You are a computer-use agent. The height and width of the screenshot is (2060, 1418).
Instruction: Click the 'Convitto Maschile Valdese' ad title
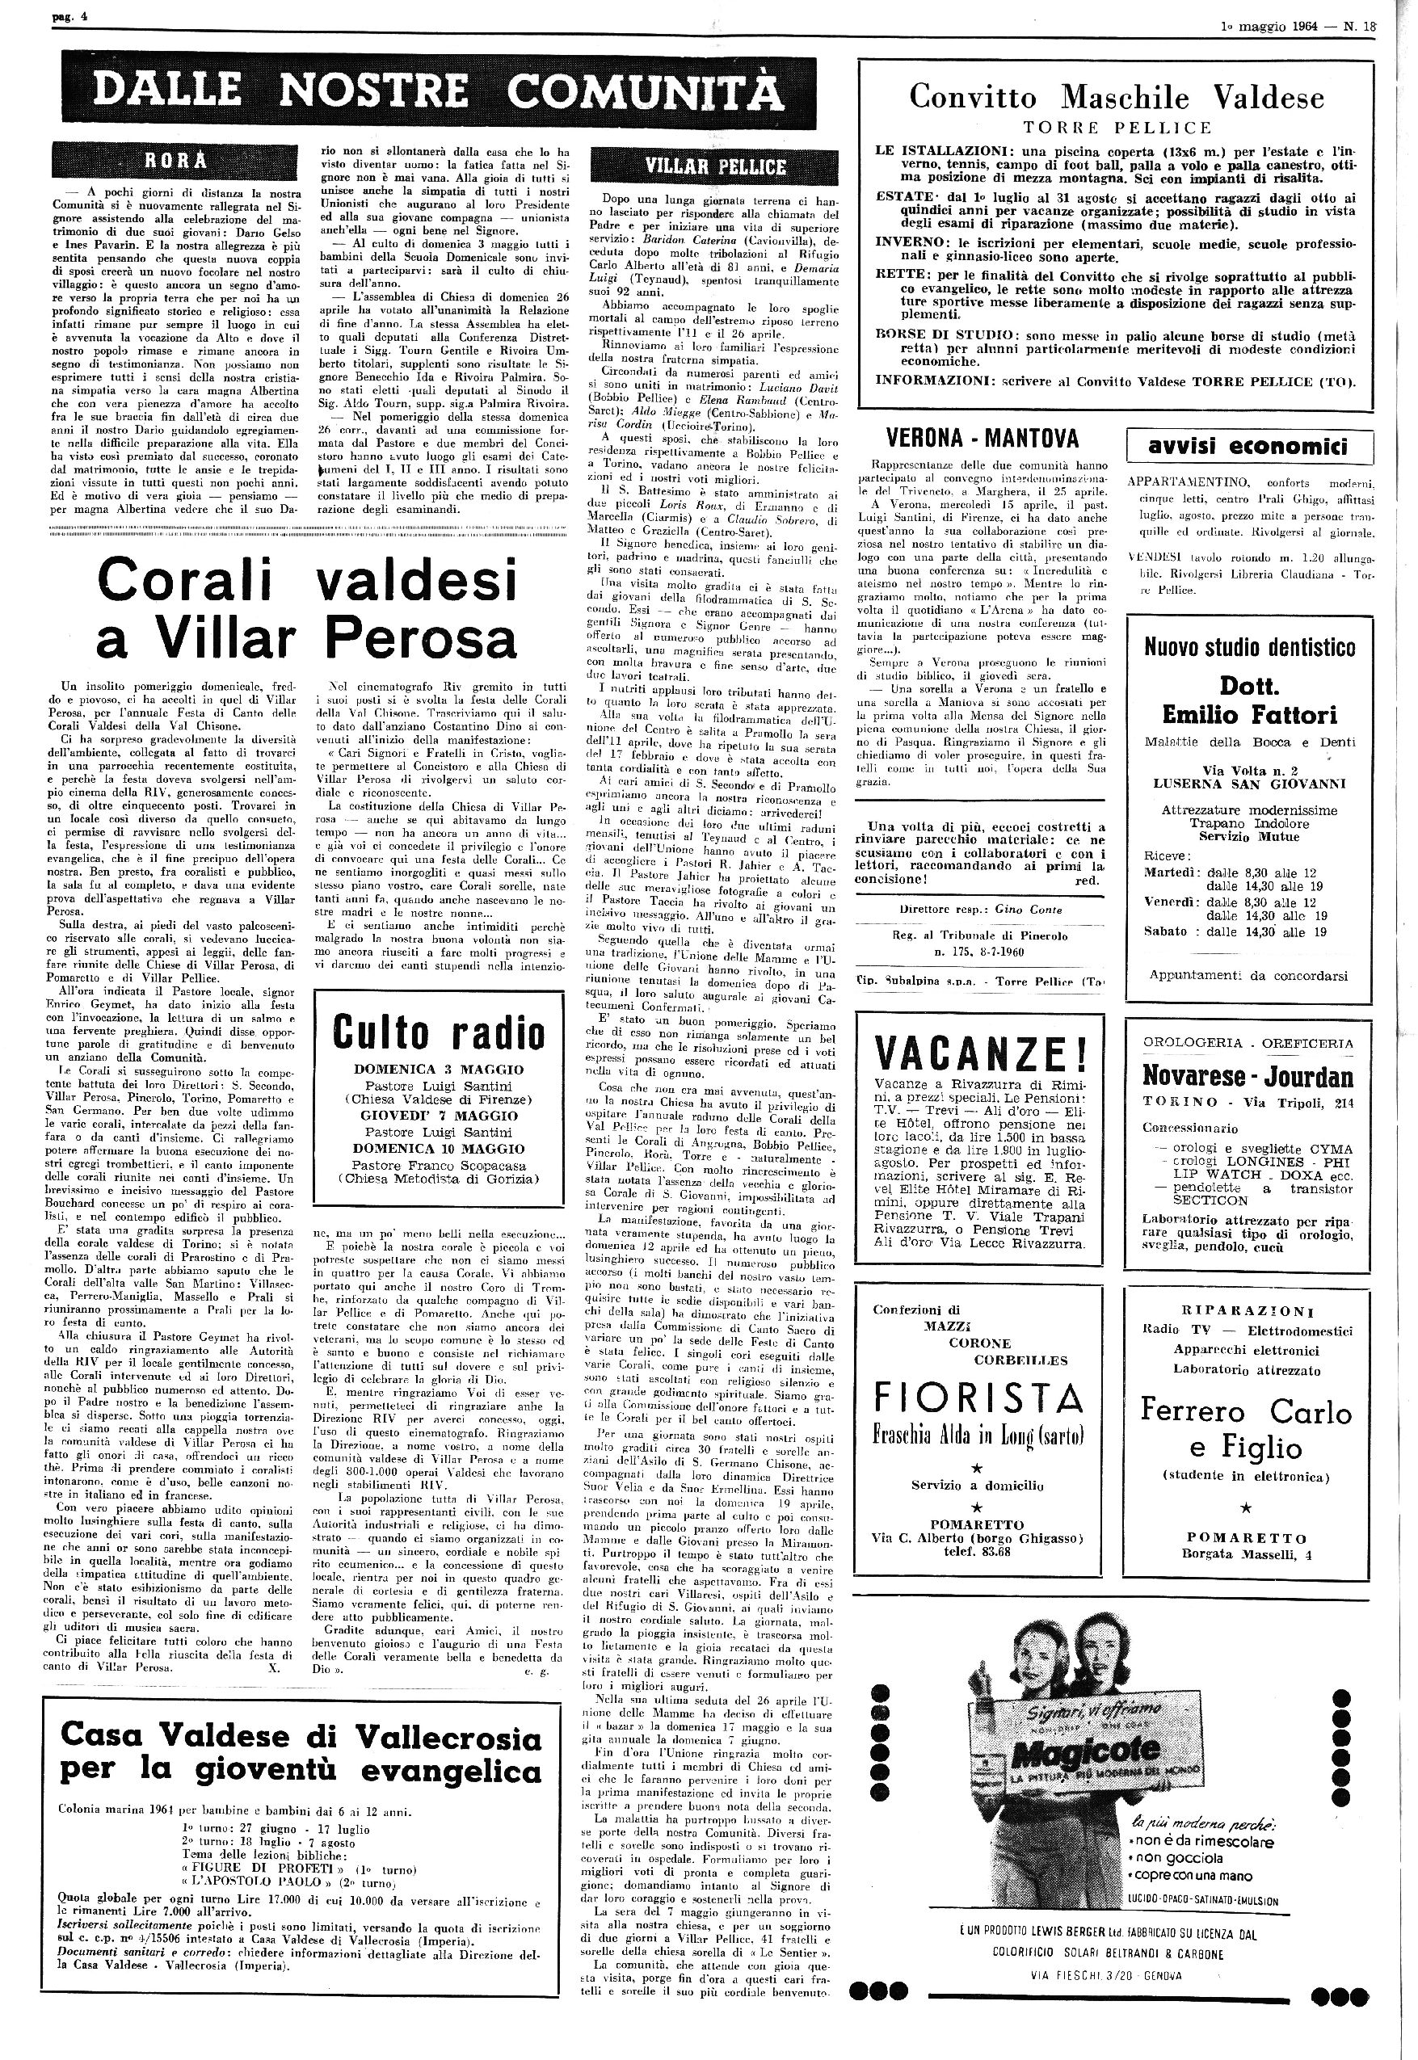(x=1116, y=96)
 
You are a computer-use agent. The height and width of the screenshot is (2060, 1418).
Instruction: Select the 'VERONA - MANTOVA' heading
(x=983, y=438)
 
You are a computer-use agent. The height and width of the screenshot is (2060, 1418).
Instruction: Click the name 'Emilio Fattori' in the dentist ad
(x=1249, y=714)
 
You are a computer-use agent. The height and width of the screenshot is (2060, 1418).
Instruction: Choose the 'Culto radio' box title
(x=438, y=1032)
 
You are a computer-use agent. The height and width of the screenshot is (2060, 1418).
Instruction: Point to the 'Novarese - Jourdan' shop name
(x=1248, y=1077)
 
